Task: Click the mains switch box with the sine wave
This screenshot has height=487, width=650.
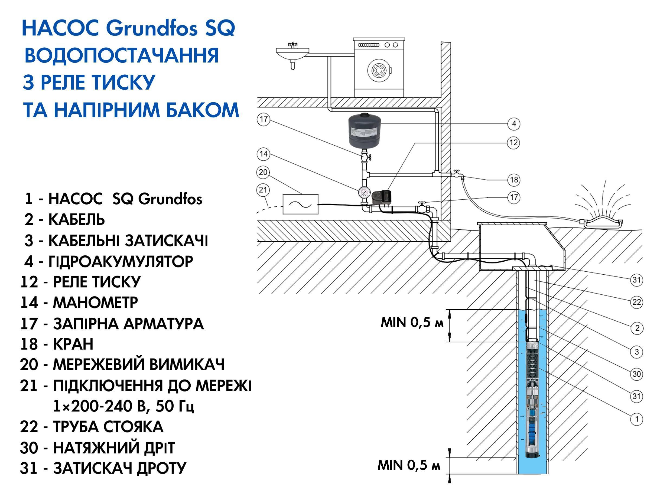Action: [300, 204]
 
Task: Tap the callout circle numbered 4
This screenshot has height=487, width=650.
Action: [514, 124]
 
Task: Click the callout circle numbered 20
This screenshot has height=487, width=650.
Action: [263, 172]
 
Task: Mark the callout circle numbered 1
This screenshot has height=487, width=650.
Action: [636, 419]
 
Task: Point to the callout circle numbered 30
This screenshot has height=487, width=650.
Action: [636, 374]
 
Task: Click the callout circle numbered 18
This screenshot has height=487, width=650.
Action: [514, 180]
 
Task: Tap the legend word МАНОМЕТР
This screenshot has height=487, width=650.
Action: [95, 303]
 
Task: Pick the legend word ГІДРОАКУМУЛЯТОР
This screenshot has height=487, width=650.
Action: [121, 261]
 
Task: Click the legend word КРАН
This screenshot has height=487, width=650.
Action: [73, 344]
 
